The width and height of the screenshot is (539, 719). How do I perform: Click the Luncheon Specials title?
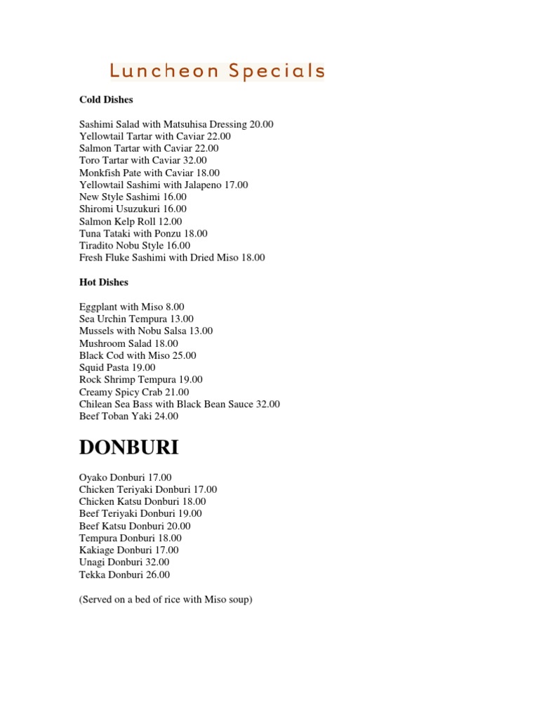point(217,71)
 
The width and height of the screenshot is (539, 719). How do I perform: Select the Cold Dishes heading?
point(106,100)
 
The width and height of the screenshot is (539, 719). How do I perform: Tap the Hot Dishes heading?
point(104,282)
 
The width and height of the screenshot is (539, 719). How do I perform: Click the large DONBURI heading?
point(129,447)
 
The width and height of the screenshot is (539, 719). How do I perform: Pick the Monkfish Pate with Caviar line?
point(149,173)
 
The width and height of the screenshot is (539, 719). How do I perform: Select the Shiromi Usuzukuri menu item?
point(133,209)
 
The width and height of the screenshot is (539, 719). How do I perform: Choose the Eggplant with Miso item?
point(132,307)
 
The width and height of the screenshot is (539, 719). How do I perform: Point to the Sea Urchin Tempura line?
point(136,319)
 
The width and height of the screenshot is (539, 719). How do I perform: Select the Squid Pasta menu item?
point(117,367)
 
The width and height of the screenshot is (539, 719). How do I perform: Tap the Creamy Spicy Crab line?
point(144,392)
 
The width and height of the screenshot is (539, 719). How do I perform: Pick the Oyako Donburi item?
point(125,477)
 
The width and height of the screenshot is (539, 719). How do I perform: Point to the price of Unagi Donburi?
point(157,562)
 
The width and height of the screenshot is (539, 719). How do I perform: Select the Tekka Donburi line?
point(124,574)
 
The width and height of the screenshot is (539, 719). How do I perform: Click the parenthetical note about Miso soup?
point(165,600)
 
